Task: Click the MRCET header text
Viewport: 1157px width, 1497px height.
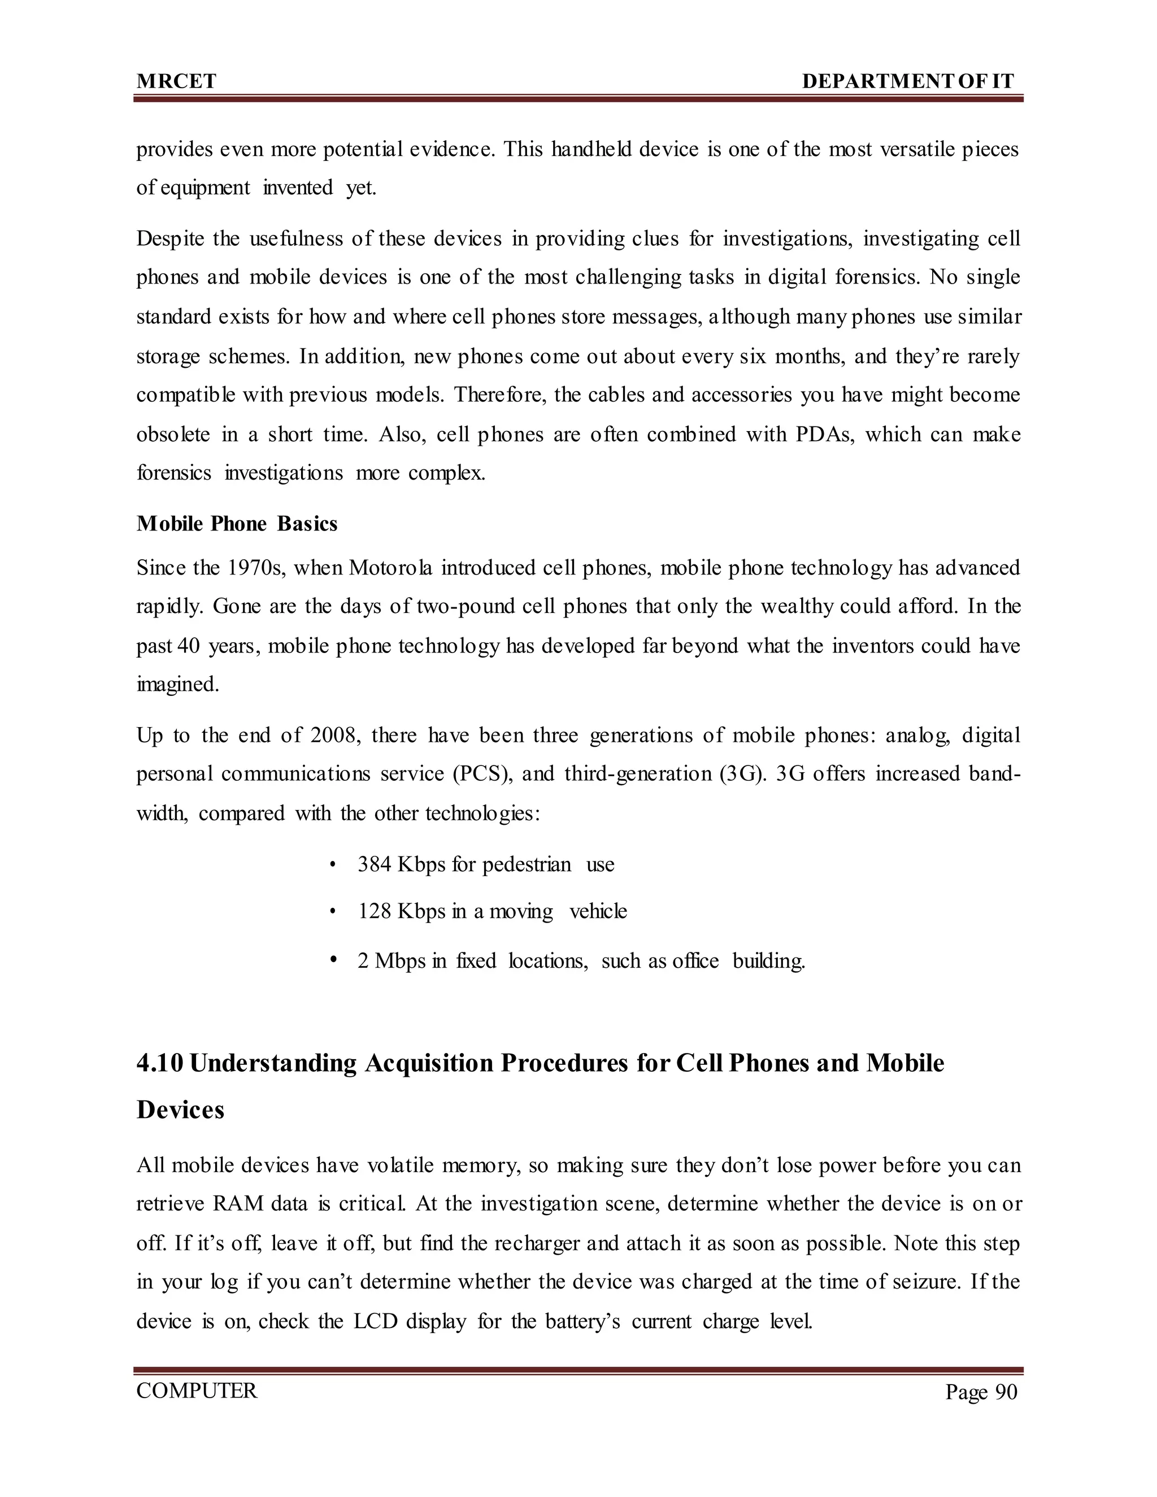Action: pyautogui.click(x=176, y=81)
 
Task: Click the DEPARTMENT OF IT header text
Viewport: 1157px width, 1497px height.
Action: pyautogui.click(x=907, y=81)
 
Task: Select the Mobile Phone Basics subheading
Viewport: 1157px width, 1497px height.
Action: pyautogui.click(x=237, y=524)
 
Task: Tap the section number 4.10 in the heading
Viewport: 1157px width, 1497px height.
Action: pyautogui.click(x=160, y=1063)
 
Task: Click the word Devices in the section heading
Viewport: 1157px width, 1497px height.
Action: pyautogui.click(x=180, y=1109)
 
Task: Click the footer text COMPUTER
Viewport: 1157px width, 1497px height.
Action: pyautogui.click(x=197, y=1391)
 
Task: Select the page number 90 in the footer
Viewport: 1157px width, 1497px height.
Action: pyautogui.click(x=1006, y=1392)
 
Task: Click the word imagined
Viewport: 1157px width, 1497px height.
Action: pyautogui.click(x=177, y=685)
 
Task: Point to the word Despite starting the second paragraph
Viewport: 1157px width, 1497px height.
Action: pyautogui.click(x=170, y=239)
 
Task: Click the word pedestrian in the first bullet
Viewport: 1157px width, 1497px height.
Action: pyautogui.click(x=527, y=864)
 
